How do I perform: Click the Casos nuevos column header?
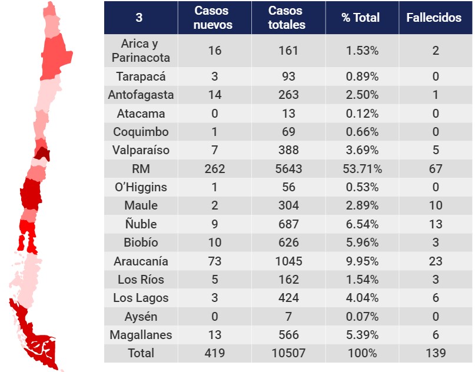click(213, 18)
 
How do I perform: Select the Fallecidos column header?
click(434, 18)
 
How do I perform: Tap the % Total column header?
click(360, 18)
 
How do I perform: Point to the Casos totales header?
click(287, 18)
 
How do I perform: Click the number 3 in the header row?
click(139, 18)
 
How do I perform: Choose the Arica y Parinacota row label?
click(141, 51)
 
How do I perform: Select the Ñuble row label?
click(141, 224)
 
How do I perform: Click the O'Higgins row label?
click(141, 187)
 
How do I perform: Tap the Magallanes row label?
click(141, 335)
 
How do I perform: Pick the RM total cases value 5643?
click(288, 169)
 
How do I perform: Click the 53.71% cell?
click(363, 169)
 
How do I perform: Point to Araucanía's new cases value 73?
click(215, 261)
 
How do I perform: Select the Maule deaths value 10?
click(436, 205)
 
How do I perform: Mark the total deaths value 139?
click(436, 353)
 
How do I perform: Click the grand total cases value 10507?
click(288, 353)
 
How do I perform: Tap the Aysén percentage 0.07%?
click(363, 317)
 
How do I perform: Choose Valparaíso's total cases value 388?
click(288, 150)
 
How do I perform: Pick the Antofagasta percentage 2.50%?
click(363, 95)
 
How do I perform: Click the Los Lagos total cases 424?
click(288, 298)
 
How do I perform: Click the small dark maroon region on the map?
click(42, 154)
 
